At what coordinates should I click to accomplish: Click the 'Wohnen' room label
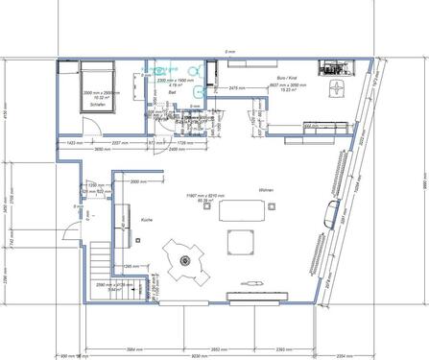(267, 191)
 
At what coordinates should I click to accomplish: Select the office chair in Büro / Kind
(337, 86)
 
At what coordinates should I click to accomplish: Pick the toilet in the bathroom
(194, 69)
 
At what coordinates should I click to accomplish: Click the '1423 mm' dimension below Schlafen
(73, 142)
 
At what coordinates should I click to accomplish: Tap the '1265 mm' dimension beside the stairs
(133, 266)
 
